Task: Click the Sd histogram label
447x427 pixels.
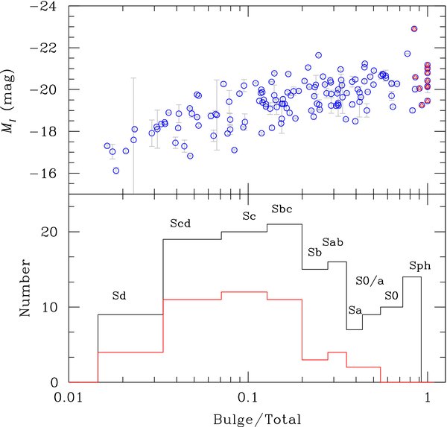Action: pyautogui.click(x=118, y=296)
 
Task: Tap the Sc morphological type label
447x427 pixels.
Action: pyautogui.click(x=249, y=216)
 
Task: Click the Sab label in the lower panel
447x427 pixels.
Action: pyautogui.click(x=332, y=244)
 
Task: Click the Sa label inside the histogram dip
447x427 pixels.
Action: pyautogui.click(x=355, y=309)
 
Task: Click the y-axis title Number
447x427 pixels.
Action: pyautogui.click(x=23, y=288)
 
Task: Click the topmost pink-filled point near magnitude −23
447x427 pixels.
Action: pyautogui.click(x=414, y=29)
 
